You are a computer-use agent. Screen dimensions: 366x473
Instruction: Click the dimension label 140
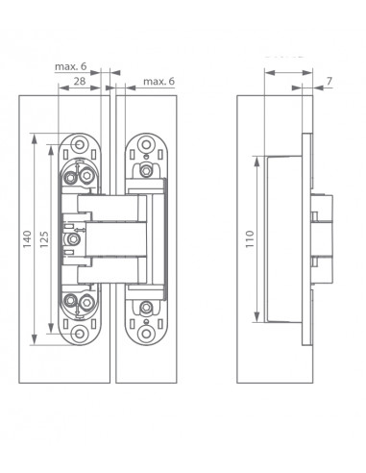coord(27,238)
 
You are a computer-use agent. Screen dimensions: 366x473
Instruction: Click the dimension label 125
coord(44,239)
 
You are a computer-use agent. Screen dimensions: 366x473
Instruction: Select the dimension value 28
coord(80,81)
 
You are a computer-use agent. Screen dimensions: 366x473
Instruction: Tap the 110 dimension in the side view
coord(250,238)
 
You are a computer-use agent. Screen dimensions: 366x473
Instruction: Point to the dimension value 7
coord(329,82)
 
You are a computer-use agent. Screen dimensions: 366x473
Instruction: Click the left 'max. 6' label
coord(71,66)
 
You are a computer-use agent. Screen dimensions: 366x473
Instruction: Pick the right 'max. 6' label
coord(159,82)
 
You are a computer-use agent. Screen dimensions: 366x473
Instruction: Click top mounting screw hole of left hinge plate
coord(80,144)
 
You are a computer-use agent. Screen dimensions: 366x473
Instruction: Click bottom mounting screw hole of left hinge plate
coord(80,334)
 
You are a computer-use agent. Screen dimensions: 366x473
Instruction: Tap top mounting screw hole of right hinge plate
coord(146,144)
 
